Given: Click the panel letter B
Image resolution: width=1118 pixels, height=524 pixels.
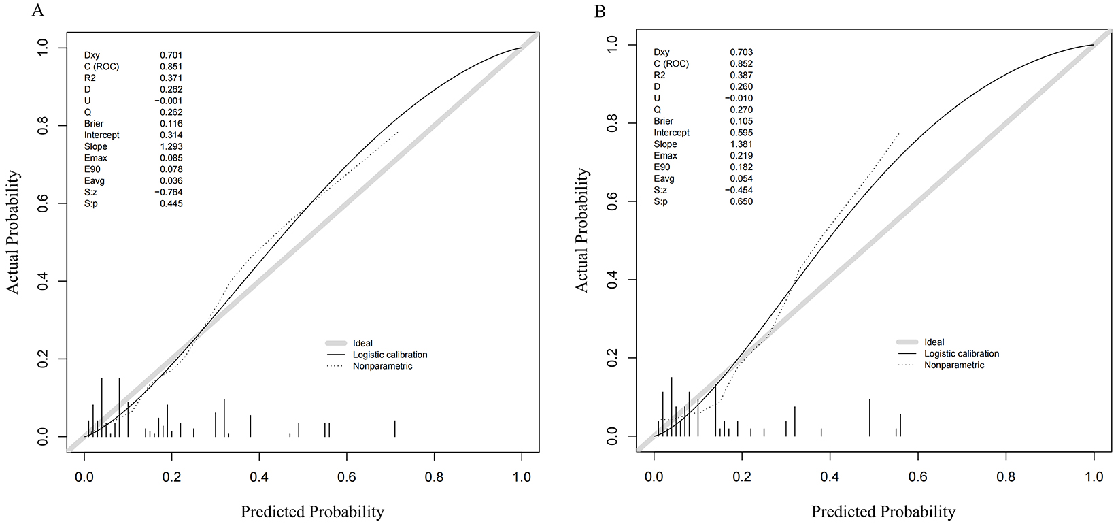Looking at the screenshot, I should tap(600, 12).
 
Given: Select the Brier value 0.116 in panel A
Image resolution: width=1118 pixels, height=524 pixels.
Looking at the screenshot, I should tap(171, 124).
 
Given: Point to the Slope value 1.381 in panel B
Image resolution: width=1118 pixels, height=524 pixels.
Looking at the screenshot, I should tap(741, 144).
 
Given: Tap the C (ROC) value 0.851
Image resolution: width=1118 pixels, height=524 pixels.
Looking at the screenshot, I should tap(171, 67).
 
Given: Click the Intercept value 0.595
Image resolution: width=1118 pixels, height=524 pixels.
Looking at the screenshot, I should tap(741, 133).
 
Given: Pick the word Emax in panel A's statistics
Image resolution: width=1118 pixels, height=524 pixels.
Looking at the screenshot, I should tap(96, 158).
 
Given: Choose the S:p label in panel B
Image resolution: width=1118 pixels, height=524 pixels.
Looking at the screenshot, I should tap(661, 201).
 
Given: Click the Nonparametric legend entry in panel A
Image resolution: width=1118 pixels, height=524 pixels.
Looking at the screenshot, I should tap(382, 366).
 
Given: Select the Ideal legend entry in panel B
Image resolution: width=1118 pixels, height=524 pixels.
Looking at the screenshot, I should tap(934, 342).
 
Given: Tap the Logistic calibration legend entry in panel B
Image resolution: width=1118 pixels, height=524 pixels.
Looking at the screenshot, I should tap(962, 354).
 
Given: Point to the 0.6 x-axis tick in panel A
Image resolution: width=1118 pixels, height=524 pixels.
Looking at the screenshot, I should tap(347, 477).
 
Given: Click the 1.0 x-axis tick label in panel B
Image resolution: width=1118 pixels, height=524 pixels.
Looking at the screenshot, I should tap(1094, 477).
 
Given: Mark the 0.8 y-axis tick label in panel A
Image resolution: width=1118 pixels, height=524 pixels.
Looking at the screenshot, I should tap(44, 126).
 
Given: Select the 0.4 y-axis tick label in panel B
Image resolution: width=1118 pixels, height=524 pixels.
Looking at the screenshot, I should tap(613, 280).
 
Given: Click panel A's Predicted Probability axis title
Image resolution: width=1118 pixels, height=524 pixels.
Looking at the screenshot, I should tap(312, 512).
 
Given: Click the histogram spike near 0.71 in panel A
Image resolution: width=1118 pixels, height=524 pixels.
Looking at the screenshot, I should tap(394, 429).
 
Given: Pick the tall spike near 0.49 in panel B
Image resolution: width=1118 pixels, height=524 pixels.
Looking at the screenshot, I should tap(869, 418).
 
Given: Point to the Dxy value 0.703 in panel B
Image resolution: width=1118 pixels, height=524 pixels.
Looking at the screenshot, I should tap(741, 52).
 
